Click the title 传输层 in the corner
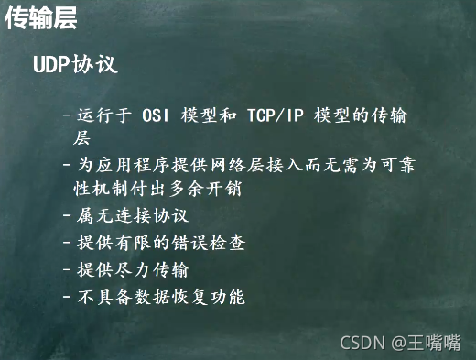pyautogui.click(x=41, y=17)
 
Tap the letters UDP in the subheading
pyautogui.click(x=51, y=64)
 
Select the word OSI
pyautogui.click(x=156, y=115)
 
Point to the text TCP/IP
pyautogui.click(x=276, y=115)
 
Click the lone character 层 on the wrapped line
pyautogui.click(x=81, y=137)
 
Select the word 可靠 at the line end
pyautogui.click(x=397, y=165)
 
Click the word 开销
pyautogui.click(x=224, y=189)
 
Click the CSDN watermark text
pyautogui.click(x=362, y=343)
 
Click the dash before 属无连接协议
pyautogui.click(x=67, y=215)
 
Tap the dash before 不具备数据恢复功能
pyautogui.click(x=67, y=297)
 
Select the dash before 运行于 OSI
pyautogui.click(x=67, y=115)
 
